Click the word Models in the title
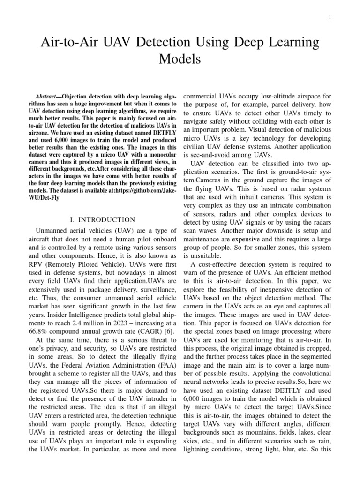point(180,60)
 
